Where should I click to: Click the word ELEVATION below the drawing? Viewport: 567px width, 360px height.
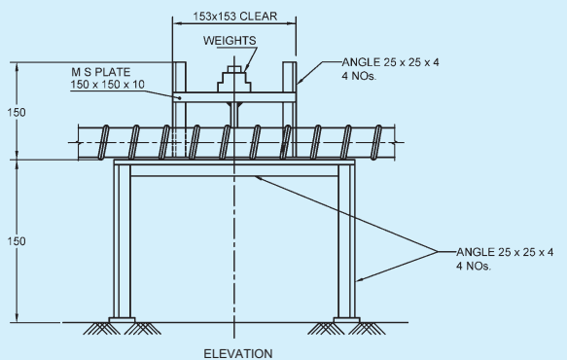click(238, 353)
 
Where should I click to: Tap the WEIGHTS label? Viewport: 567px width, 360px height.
click(230, 41)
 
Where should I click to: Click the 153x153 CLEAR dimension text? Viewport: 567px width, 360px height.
click(234, 17)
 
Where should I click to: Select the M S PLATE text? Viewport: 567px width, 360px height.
click(100, 72)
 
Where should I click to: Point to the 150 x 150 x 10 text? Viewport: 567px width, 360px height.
click(107, 85)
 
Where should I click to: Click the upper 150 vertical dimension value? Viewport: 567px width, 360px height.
click(17, 113)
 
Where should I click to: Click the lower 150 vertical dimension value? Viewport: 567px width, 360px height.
click(17, 241)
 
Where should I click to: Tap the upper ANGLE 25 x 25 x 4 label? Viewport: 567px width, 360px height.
click(390, 62)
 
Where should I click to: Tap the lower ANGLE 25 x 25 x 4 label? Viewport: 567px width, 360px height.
click(505, 252)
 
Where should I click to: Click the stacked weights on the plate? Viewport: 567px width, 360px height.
click(234, 79)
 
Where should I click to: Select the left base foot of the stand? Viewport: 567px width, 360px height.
click(122, 320)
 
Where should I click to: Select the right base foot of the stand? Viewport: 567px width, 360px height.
click(347, 320)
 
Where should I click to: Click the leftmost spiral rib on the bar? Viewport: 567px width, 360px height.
click(104, 142)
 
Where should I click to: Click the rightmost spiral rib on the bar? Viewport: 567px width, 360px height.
click(376, 142)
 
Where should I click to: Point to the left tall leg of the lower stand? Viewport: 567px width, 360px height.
click(122, 241)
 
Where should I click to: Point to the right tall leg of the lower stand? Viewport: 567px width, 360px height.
click(347, 241)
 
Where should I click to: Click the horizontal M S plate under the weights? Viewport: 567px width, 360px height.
click(234, 97)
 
